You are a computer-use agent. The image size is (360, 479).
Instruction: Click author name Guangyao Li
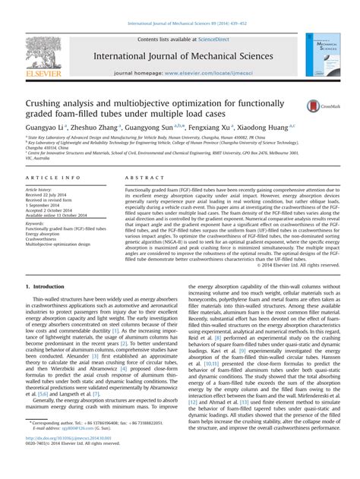point(45,126)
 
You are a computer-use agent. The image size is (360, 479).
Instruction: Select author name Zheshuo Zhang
point(96,126)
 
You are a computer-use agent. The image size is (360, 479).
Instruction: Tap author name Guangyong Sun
point(153,126)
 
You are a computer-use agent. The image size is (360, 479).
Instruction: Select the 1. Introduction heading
point(46,285)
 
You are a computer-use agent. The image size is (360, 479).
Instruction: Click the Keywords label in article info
point(37,224)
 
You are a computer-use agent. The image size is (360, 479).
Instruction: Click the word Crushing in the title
point(49,101)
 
